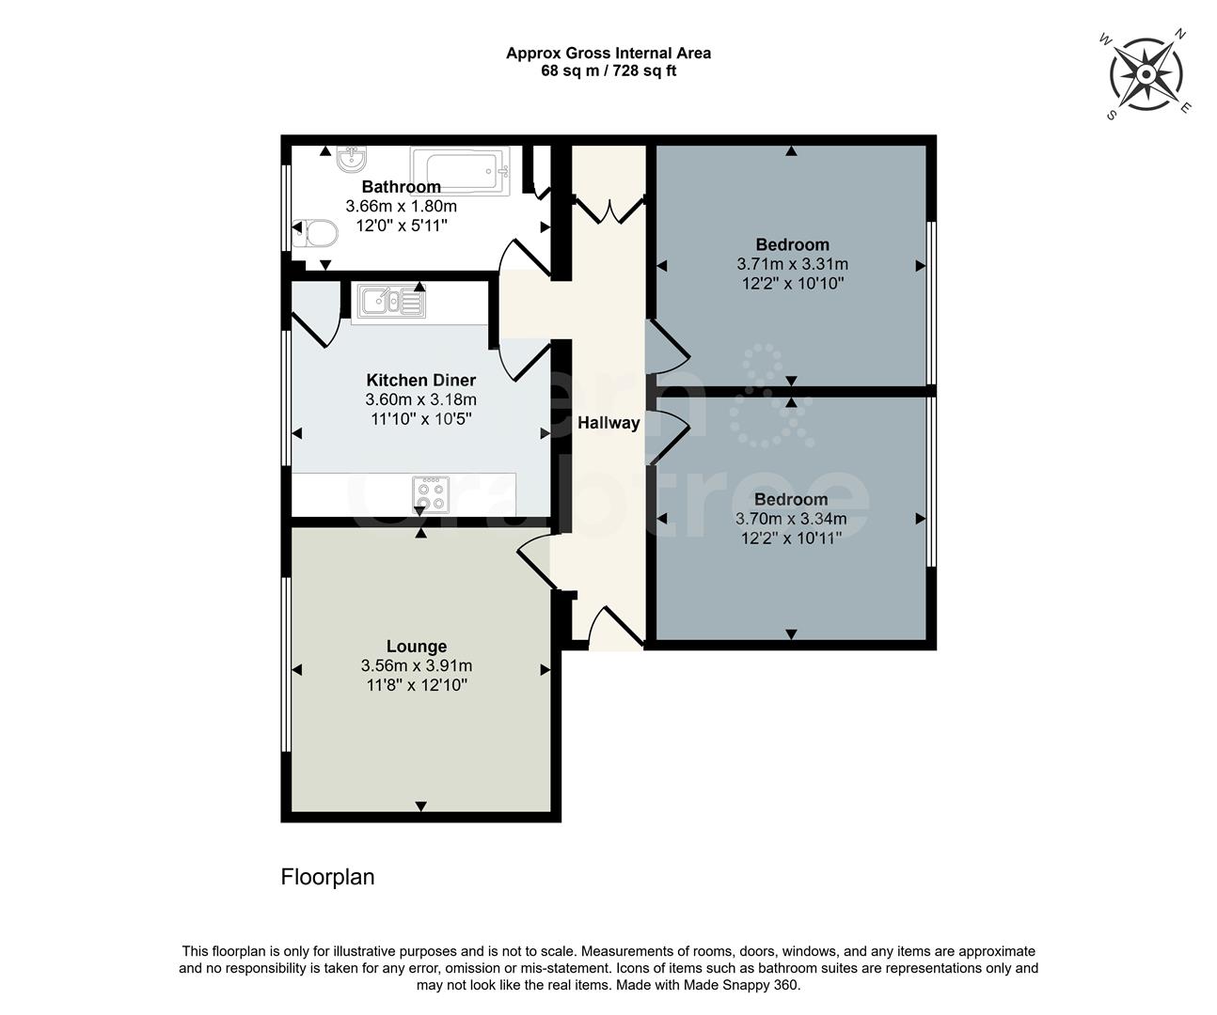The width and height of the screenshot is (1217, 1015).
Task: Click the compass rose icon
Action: (1147, 73)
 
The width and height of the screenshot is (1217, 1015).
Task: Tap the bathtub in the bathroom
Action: (466, 171)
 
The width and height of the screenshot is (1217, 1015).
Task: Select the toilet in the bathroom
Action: (314, 232)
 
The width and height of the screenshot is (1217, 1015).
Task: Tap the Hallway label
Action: (608, 423)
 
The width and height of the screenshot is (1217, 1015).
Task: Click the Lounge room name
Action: (417, 647)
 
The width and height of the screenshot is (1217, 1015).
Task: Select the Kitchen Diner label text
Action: (420, 381)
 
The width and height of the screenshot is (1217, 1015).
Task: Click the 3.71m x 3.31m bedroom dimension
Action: (792, 264)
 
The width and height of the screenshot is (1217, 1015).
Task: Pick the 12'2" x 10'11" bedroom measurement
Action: (791, 538)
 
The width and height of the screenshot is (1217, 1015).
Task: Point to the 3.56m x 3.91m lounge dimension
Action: (417, 666)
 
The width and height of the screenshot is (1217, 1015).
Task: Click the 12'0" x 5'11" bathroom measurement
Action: (402, 226)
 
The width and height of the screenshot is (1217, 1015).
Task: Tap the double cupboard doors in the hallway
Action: (608, 208)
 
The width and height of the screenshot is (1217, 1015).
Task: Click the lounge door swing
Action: (534, 562)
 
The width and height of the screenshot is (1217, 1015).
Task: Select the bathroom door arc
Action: (523, 258)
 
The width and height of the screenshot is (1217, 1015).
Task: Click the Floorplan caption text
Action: (327, 877)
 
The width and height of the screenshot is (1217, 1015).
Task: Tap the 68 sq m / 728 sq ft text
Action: (608, 70)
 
